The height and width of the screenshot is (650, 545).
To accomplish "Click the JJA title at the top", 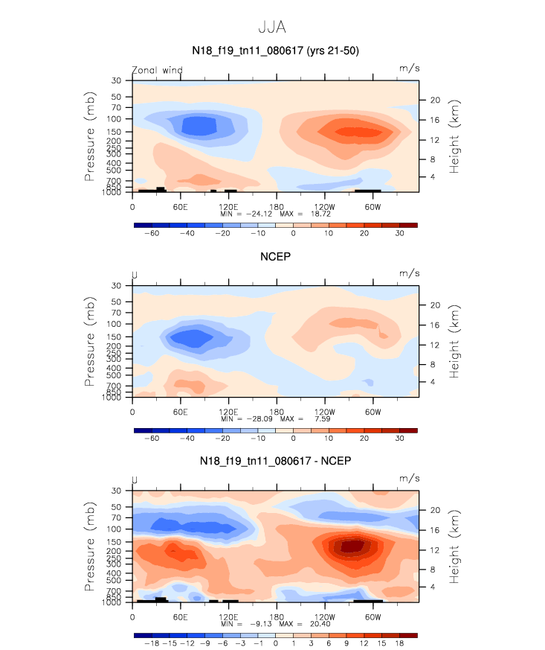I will pyautogui.click(x=272, y=27).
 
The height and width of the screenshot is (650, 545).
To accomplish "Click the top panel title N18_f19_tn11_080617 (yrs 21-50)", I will pyautogui.click(x=275, y=50).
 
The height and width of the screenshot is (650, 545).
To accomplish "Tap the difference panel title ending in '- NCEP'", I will pyautogui.click(x=275, y=461).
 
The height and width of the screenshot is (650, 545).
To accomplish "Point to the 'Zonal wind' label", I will pyautogui.click(x=157, y=70).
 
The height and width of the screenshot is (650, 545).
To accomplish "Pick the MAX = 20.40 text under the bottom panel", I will pyautogui.click(x=310, y=623).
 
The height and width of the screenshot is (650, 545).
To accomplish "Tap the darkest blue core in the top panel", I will pyautogui.click(x=197, y=125).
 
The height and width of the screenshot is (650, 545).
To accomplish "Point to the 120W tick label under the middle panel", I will pyautogui.click(x=324, y=411).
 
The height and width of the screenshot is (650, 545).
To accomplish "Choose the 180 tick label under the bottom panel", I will pyautogui.click(x=276, y=616).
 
